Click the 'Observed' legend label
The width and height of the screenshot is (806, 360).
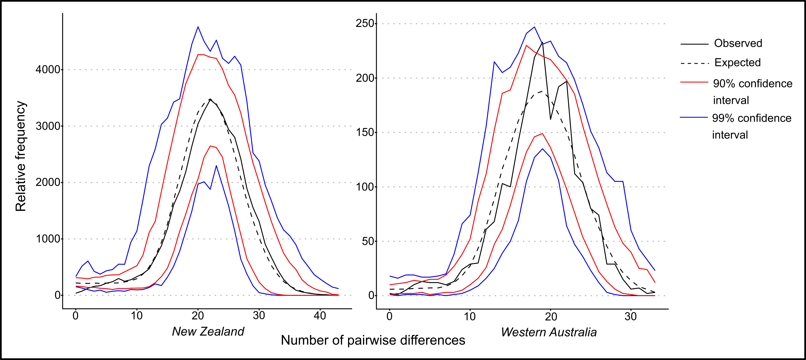pyautogui.click(x=738, y=43)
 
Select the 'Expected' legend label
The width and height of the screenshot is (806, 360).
pyautogui.click(x=737, y=63)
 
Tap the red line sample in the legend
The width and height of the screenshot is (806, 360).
pyautogui.click(x=694, y=82)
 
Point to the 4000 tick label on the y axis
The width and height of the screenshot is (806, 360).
pyautogui.click(x=48, y=69)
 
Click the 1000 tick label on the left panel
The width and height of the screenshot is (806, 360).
pyautogui.click(x=48, y=239)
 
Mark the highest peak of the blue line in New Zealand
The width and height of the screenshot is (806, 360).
pyautogui.click(x=198, y=27)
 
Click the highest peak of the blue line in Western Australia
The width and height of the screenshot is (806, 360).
pyautogui.click(x=534, y=27)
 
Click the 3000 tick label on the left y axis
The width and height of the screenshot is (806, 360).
pyautogui.click(x=48, y=126)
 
